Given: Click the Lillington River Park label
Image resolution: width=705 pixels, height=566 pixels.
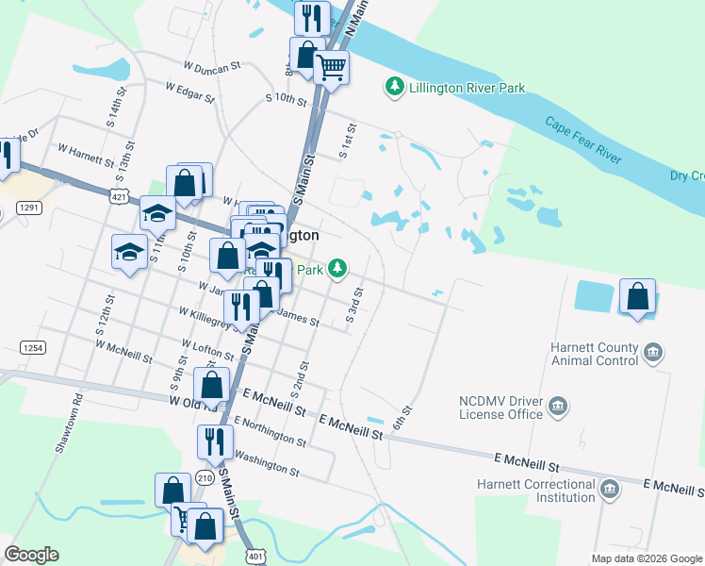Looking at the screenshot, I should pos(466,89).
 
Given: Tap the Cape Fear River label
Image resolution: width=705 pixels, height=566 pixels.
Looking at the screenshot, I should pos(583,141).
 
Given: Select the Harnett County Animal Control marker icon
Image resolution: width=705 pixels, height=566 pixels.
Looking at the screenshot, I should pos(652,354).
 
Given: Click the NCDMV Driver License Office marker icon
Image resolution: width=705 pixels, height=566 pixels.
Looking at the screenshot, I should pos(559,407).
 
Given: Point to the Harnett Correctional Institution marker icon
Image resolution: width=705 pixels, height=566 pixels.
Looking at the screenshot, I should pos(609,489).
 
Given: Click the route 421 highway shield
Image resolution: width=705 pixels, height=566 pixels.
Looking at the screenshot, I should pos(118,197).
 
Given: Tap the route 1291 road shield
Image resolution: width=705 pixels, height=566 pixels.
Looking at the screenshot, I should pos(30,207).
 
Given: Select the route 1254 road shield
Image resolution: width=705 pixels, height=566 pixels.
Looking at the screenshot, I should pos(32,348).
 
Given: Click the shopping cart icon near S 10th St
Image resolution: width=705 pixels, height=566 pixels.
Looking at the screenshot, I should pos(331,66).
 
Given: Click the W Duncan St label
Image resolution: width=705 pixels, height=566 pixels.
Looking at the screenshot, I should pos(212,67).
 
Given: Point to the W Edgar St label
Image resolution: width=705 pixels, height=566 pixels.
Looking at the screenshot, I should pos(191,88).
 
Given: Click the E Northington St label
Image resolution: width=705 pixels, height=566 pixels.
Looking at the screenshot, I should pos(270,431).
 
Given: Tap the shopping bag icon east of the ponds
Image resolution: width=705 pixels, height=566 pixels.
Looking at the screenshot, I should pos(638,296).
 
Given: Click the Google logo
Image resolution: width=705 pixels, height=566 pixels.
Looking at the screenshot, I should pos(31,555).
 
